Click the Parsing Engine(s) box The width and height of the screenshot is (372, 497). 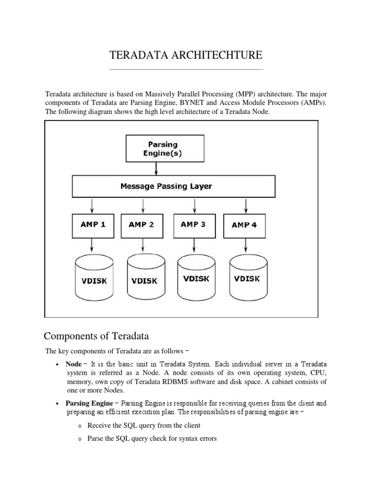click(x=156, y=149)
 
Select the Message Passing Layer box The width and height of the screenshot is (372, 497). click(x=173, y=186)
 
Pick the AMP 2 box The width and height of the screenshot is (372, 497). click(x=141, y=225)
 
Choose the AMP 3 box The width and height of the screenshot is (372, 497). click(x=193, y=224)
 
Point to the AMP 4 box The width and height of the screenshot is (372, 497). click(x=244, y=225)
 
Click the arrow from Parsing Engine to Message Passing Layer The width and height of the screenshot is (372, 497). click(x=156, y=168)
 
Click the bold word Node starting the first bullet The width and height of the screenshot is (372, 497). click(x=74, y=364)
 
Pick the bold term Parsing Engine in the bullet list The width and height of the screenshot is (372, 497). click(x=89, y=403)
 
